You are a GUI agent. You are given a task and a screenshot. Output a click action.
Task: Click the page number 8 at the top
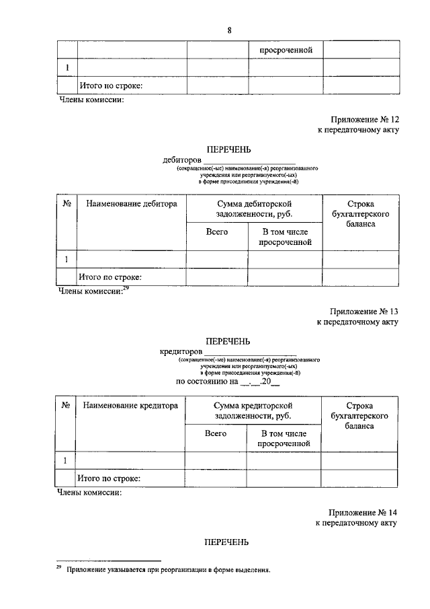click(x=229, y=30)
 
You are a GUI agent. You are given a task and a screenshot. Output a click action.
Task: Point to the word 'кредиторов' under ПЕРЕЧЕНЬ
click(x=181, y=351)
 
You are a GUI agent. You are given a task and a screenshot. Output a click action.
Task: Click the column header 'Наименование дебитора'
click(x=132, y=203)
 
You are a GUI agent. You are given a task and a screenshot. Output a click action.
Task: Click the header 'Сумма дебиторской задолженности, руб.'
click(x=254, y=209)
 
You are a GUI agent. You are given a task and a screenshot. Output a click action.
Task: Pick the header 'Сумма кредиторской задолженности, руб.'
click(x=252, y=411)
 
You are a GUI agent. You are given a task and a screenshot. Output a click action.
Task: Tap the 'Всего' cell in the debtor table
click(x=217, y=231)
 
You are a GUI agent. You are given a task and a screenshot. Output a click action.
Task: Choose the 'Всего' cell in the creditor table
click(x=216, y=433)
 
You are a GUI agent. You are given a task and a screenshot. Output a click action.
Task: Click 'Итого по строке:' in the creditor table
click(x=110, y=478)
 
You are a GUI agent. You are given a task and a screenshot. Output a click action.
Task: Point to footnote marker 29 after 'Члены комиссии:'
click(x=125, y=288)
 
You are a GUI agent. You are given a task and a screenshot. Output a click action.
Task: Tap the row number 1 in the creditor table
click(x=65, y=461)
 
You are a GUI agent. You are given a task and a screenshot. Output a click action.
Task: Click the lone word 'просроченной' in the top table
click(x=282, y=50)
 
